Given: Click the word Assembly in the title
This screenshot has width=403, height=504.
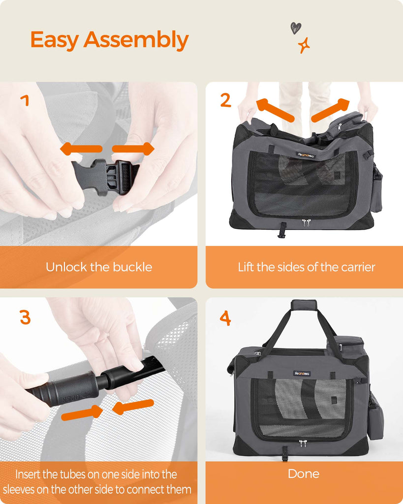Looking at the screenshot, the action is [136, 40].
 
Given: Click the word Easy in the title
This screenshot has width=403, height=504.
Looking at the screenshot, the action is [55, 40].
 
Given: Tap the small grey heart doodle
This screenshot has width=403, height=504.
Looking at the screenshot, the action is [296, 28].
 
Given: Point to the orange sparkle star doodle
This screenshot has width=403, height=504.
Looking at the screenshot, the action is [304, 45].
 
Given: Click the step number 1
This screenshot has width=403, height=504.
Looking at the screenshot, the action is [25, 100].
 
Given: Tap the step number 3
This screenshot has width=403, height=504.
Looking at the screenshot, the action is [25, 317].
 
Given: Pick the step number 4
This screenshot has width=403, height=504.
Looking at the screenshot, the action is [225, 318].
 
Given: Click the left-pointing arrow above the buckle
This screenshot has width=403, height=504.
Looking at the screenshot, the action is [81, 149].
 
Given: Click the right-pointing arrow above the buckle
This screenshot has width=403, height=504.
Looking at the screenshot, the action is [133, 149].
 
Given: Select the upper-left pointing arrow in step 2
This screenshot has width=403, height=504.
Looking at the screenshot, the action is [275, 110].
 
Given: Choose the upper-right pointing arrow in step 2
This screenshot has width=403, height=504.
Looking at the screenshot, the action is [330, 110].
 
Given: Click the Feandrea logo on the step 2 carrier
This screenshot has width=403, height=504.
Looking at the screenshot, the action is [306, 155].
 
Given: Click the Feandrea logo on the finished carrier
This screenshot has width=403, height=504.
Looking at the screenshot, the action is [302, 374].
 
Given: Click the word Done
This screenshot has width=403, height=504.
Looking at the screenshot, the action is [304, 473].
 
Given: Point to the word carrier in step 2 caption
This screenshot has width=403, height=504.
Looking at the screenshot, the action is [358, 267].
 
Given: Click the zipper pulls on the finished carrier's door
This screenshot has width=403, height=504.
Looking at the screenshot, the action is [303, 443].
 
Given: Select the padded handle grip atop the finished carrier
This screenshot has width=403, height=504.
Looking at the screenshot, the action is [304, 304].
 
